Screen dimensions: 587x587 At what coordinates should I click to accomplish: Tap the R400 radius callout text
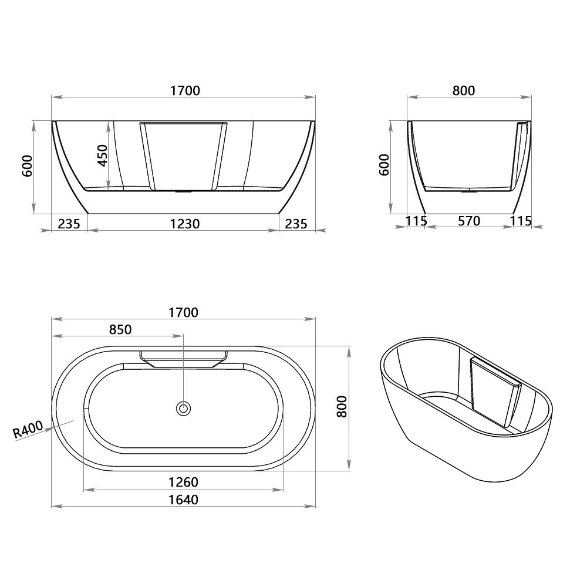(28, 430)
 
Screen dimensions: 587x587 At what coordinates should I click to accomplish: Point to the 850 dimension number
(120, 329)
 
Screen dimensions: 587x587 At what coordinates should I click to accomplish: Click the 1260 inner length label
(184, 482)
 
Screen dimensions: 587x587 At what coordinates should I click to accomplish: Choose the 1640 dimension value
(184, 500)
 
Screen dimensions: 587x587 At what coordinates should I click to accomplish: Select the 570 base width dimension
(468, 221)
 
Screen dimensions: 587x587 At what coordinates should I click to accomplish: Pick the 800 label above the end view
(463, 90)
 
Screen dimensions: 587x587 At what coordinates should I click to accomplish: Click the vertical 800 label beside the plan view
(343, 406)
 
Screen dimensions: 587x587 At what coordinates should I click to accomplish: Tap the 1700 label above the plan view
(184, 312)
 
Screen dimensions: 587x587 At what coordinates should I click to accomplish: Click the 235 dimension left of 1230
(68, 224)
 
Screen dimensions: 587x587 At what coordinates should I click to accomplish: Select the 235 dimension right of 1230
(296, 224)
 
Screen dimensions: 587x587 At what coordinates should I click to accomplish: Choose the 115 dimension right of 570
(521, 221)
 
